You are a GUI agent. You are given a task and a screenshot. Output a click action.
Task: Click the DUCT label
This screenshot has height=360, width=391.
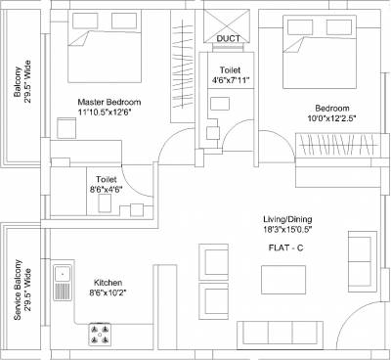coord(229,40)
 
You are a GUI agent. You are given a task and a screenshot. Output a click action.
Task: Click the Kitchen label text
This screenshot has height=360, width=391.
coord(108,279)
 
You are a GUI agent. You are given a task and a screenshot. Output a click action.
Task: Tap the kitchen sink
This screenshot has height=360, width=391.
coord(63,282)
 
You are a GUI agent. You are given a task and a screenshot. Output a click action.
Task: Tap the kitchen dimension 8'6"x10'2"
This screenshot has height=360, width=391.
coord(108,291)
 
